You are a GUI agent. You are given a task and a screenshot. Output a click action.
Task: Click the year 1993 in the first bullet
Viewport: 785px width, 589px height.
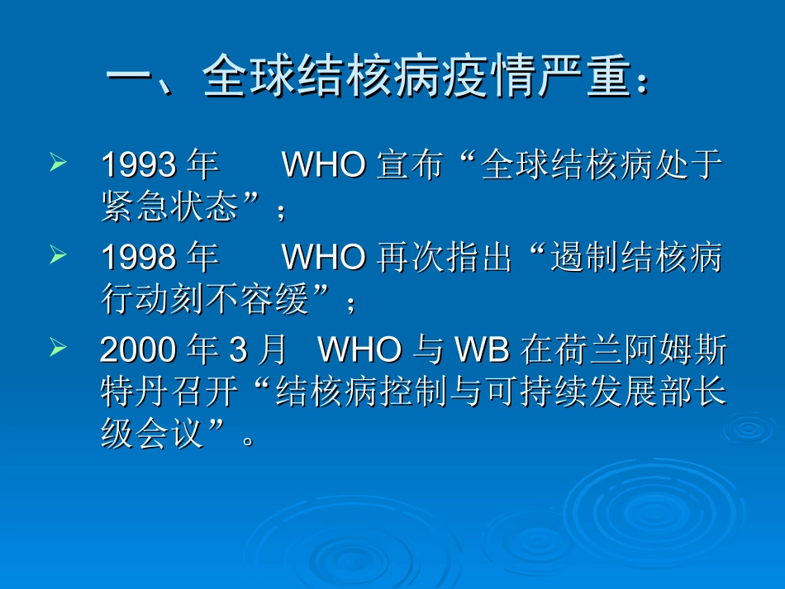tap(138, 165)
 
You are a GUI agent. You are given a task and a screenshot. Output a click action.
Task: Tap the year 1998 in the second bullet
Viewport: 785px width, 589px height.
tap(138, 258)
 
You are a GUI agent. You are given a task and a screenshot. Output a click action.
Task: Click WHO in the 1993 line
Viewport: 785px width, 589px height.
tap(324, 165)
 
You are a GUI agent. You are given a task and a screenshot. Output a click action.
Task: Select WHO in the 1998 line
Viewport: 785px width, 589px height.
tap(324, 258)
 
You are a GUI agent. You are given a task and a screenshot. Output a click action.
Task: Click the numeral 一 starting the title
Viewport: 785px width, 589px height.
tap(132, 79)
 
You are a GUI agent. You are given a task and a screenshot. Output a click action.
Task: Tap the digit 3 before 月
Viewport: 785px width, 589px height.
tap(238, 350)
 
